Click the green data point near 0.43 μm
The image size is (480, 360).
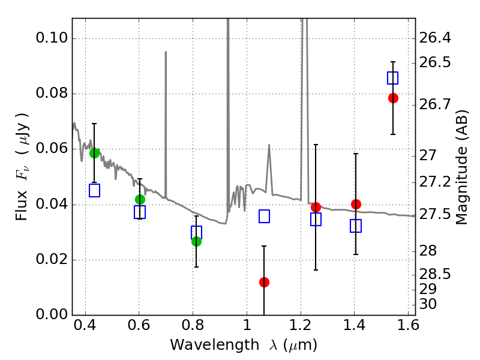(x=95, y=153)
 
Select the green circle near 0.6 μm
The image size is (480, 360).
(x=140, y=200)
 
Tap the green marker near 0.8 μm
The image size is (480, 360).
(x=196, y=242)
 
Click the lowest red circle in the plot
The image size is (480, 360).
(x=264, y=282)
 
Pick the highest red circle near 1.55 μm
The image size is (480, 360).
(x=393, y=98)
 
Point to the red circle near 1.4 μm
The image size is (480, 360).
(x=356, y=204)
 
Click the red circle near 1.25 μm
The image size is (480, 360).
(x=316, y=207)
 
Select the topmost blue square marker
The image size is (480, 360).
(x=393, y=78)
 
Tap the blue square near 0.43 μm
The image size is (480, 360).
(x=95, y=190)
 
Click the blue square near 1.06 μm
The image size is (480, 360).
(x=264, y=217)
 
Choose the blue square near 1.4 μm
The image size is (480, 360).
(x=356, y=226)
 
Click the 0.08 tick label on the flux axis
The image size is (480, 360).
(x=52, y=93)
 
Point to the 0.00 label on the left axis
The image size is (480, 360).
(x=52, y=314)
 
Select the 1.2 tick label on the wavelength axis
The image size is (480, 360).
(x=301, y=325)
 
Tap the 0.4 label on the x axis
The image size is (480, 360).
(x=85, y=325)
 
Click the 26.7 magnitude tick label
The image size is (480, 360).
(x=434, y=104)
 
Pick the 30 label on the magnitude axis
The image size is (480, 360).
(x=428, y=304)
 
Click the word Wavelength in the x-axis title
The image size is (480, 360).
(x=215, y=345)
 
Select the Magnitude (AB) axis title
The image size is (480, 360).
(x=461, y=167)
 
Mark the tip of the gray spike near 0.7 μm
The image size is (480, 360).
(x=166, y=52)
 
